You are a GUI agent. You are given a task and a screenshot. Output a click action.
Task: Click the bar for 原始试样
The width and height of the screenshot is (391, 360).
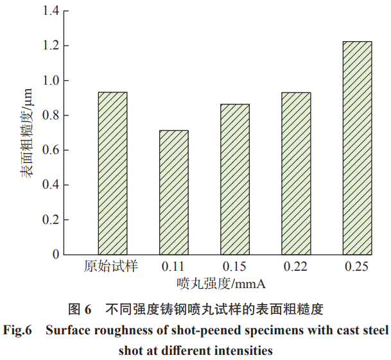pos(112,173)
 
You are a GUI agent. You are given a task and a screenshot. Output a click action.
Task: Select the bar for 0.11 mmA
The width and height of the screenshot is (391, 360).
pos(173,192)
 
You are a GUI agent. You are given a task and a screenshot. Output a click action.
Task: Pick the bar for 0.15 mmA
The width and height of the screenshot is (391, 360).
pos(235,179)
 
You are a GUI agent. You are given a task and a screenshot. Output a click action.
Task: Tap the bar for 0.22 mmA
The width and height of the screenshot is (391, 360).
pos(296,173)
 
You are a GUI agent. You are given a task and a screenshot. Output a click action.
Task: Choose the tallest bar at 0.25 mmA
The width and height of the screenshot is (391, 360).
pos(357,148)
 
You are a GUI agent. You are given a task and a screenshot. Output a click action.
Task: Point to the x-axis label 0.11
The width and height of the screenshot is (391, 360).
pos(173,266)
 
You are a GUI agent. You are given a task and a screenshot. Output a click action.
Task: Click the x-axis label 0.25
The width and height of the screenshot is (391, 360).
pos(357,266)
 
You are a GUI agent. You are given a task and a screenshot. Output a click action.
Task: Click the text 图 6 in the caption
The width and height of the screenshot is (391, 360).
pos(80,310)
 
